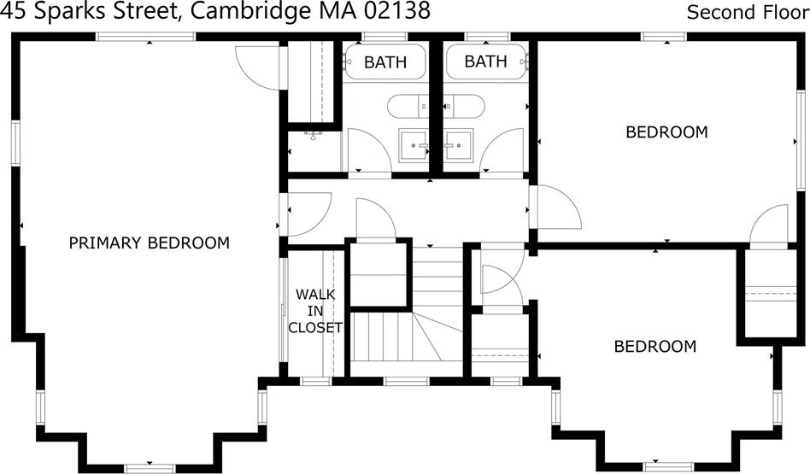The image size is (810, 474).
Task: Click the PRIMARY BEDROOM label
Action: click(149, 243)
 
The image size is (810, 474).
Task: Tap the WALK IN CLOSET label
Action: click(315, 311)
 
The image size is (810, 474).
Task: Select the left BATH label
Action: click(384, 61)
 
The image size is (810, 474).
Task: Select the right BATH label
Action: click(485, 61)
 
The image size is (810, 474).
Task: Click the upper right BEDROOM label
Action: click(666, 132)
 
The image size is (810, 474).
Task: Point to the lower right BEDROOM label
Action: click(655, 346)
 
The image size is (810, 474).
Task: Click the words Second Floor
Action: click(746, 12)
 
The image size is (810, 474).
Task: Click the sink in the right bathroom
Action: click(459, 144)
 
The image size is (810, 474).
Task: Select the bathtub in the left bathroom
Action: click(385, 61)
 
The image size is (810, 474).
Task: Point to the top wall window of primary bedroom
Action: click(145, 36)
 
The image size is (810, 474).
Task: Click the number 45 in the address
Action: click(13, 11)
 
